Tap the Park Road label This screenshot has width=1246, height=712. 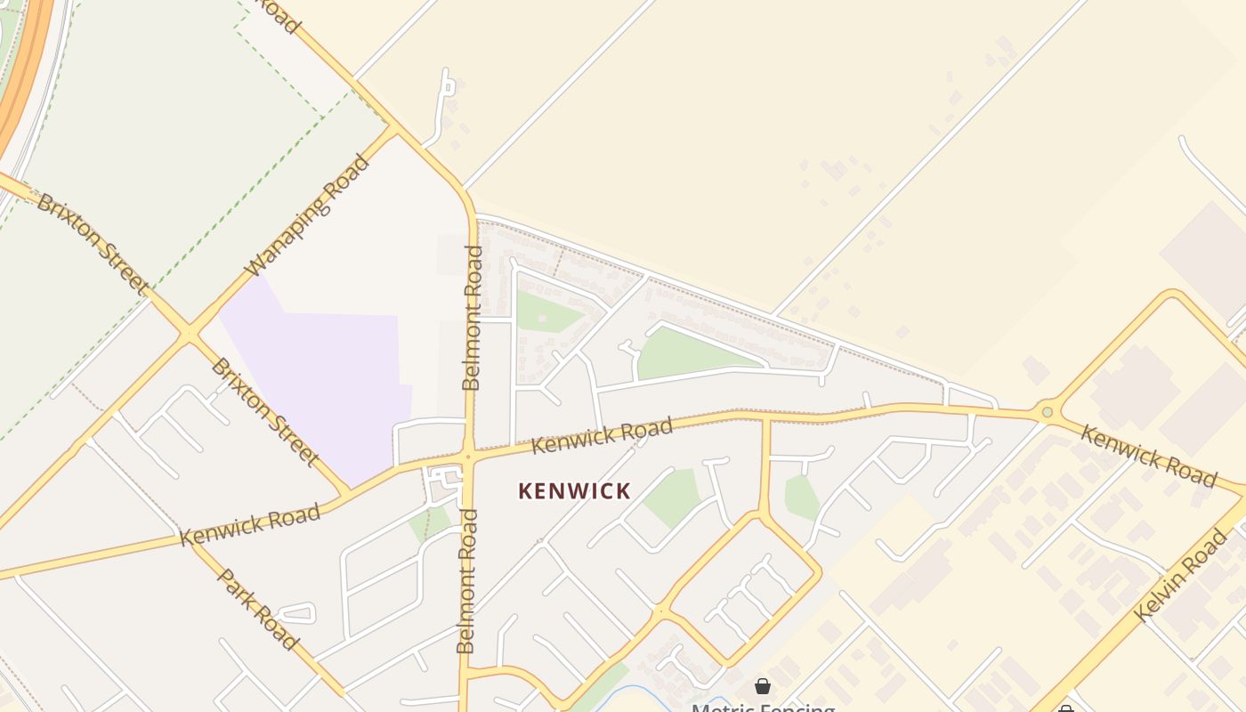click(x=256, y=609)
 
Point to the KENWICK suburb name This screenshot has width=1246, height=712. click(x=574, y=491)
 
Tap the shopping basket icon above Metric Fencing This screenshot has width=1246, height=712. click(x=763, y=686)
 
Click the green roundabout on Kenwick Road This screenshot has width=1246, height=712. click(x=1048, y=412)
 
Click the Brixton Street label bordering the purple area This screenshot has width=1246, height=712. click(x=264, y=412)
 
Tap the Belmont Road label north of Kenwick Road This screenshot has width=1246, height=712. click(x=472, y=318)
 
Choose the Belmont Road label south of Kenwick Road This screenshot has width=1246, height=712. click(x=466, y=581)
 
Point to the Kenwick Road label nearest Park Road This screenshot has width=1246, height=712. click(x=249, y=525)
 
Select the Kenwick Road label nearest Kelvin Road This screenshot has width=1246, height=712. click(x=1148, y=456)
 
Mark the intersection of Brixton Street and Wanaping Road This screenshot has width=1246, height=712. click(x=188, y=335)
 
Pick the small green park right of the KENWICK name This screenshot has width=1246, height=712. click(x=673, y=497)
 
